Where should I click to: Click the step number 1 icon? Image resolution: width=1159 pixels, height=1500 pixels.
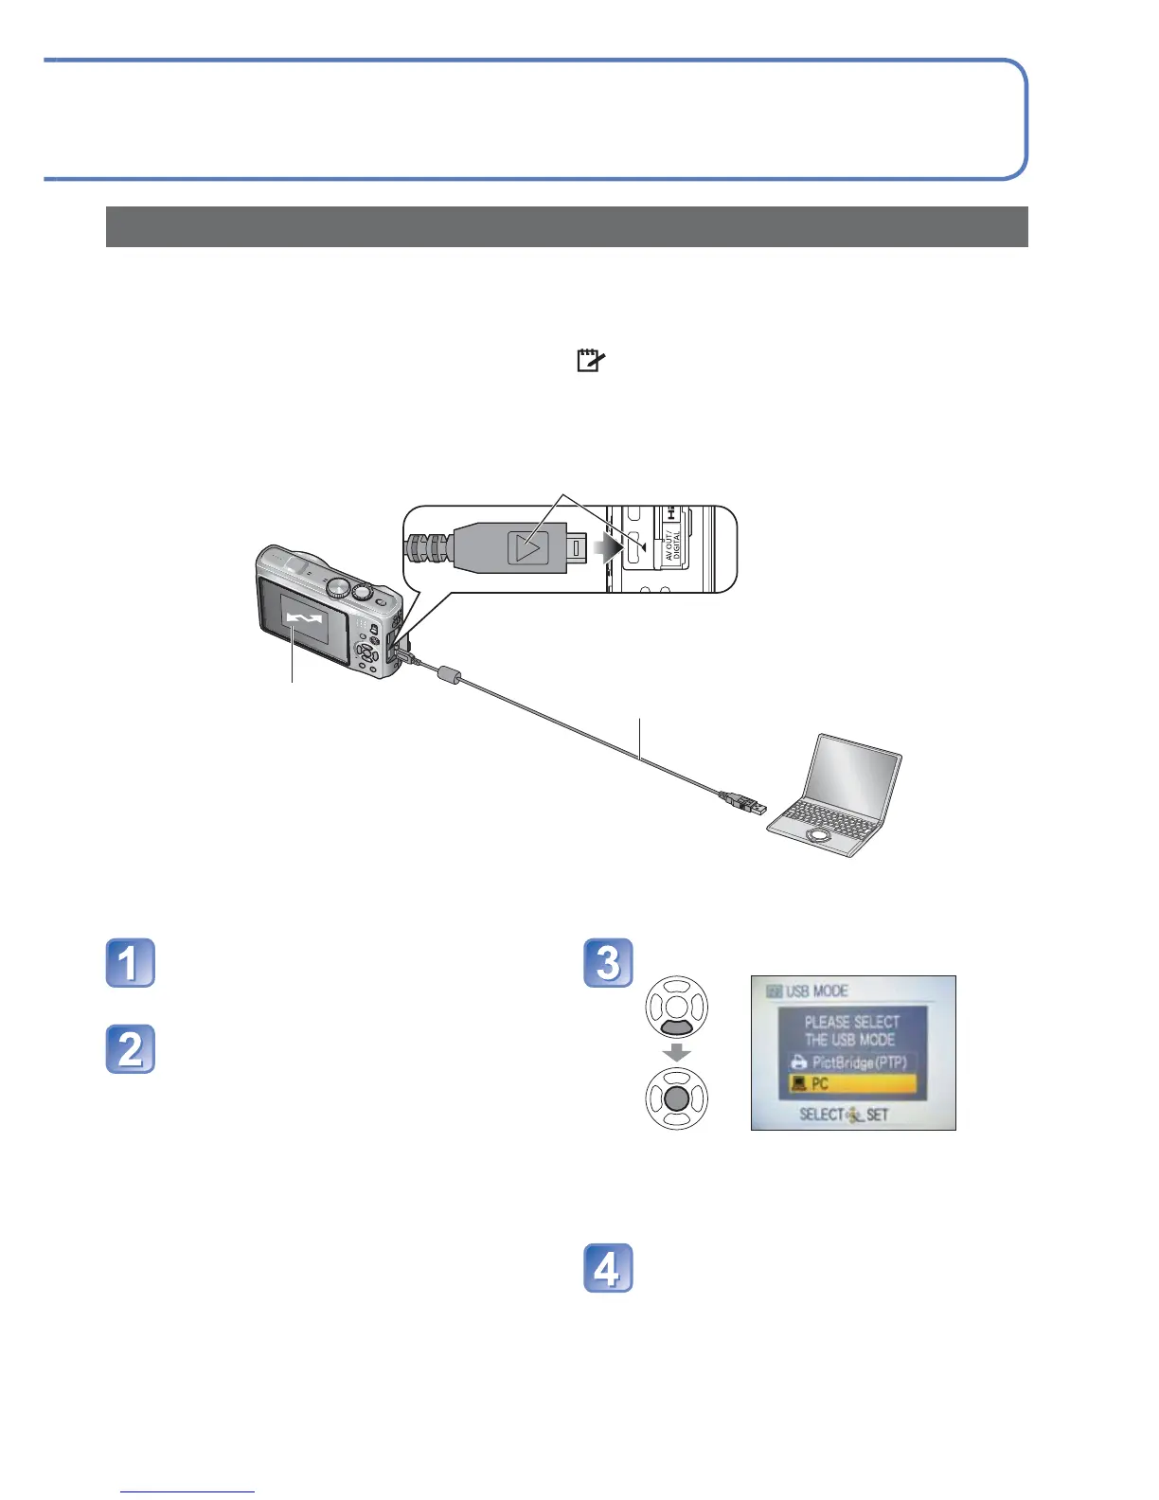coord(130,963)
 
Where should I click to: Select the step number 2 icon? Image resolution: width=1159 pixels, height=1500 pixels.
coord(130,1049)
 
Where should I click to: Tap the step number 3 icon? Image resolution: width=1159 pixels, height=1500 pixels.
coord(608,963)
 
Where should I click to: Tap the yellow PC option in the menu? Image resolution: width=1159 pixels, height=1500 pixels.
coord(852,1084)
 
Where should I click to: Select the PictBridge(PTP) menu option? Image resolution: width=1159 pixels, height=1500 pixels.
coord(852,1062)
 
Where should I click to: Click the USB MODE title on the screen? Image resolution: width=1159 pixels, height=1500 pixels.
coord(815,991)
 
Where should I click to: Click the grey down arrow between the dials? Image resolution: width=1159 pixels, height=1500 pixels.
coord(676,1053)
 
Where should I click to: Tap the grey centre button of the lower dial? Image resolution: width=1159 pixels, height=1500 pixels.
coord(676,1098)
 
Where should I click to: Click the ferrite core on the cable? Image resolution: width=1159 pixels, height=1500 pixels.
coord(449,675)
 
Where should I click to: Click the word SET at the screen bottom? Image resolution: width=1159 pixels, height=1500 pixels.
coord(878,1115)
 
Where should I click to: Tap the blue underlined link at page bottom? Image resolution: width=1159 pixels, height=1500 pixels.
coord(188,1491)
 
